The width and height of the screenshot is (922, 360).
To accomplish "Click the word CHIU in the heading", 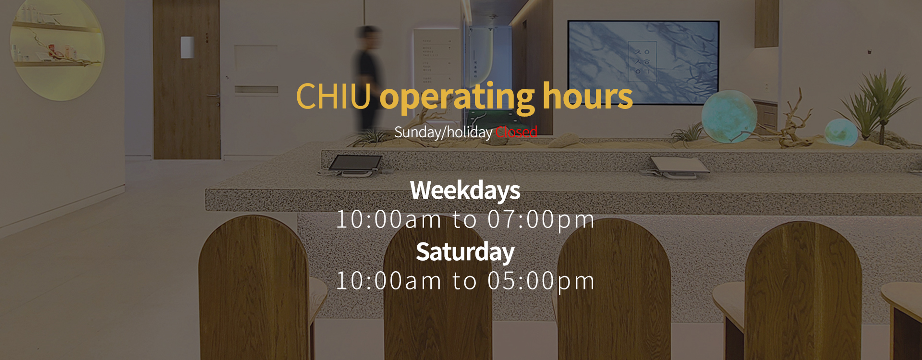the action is pyautogui.click(x=333, y=96).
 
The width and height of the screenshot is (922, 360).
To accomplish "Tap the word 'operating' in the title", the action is pyautogui.click(x=457, y=98).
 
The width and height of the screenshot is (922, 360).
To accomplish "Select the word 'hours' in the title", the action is pyautogui.click(x=588, y=96).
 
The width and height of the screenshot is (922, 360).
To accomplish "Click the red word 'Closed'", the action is pyautogui.click(x=516, y=132).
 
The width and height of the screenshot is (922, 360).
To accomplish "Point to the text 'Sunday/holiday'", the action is pyautogui.click(x=443, y=132).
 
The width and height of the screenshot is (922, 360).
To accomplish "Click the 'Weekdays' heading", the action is pyautogui.click(x=465, y=191).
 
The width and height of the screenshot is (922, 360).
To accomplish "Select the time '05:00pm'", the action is pyautogui.click(x=541, y=281).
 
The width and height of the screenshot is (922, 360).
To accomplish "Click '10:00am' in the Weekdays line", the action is pyautogui.click(x=388, y=220).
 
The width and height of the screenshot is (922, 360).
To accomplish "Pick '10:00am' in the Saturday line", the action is pyautogui.click(x=388, y=281).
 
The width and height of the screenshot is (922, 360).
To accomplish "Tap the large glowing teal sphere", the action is pyautogui.click(x=729, y=115).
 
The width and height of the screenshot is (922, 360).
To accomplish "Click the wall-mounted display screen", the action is pyautogui.click(x=643, y=62).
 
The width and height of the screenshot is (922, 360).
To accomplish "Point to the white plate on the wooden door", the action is pyautogui.click(x=187, y=48).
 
